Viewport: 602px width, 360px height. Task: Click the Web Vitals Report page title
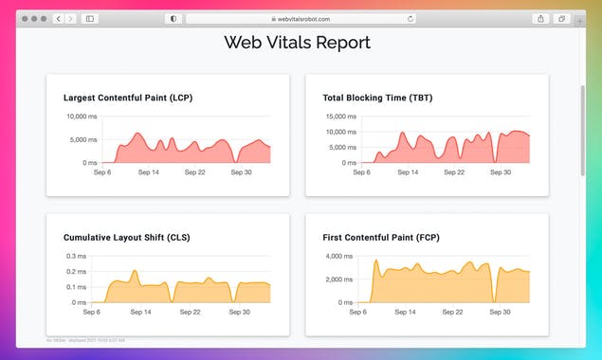pos(297,43)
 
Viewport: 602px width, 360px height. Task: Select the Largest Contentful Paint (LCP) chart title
pos(128,98)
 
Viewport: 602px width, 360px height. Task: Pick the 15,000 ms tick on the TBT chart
pos(338,117)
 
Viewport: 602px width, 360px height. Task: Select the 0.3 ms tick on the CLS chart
pos(77,257)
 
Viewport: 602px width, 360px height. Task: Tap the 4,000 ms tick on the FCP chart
pos(339,257)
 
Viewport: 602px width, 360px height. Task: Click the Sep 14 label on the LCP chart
pos(149,172)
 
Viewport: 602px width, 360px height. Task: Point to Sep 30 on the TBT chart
pos(501,172)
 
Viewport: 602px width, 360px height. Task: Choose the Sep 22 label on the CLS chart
pos(190,312)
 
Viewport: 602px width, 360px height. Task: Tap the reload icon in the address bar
pos(410,18)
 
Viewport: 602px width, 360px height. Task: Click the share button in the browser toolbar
pos(540,18)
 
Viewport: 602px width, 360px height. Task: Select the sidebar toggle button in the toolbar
pos(89,18)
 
